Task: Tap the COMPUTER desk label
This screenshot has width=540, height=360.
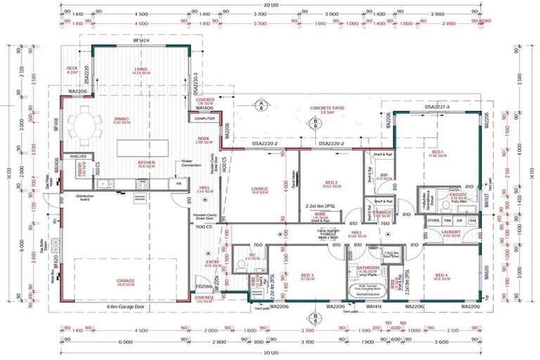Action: pos(205,119)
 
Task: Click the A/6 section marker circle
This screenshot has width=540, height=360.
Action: pos(261,106)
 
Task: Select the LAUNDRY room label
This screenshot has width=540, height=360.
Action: pos(451,233)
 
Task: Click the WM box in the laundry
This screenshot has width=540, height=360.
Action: pos(471,221)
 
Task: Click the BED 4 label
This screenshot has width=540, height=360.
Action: pos(442,276)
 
